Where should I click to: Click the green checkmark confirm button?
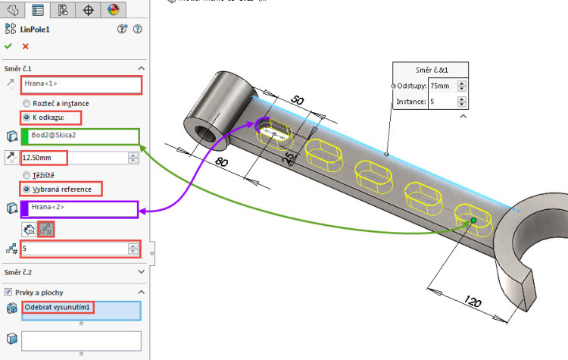click(8, 46)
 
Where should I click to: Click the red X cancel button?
click(25, 46)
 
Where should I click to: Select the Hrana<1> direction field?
click(81, 85)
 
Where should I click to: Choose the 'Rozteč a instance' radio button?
click(27, 103)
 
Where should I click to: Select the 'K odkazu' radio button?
click(27, 118)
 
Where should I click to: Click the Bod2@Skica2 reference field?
click(80, 136)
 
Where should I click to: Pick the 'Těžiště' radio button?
click(27, 174)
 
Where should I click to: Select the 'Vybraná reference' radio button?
click(27, 188)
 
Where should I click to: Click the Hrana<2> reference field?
click(80, 207)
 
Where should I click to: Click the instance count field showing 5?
click(74, 248)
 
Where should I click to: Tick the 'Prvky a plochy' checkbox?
click(8, 292)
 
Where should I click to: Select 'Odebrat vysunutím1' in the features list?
click(59, 307)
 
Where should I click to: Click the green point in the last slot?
click(473, 221)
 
